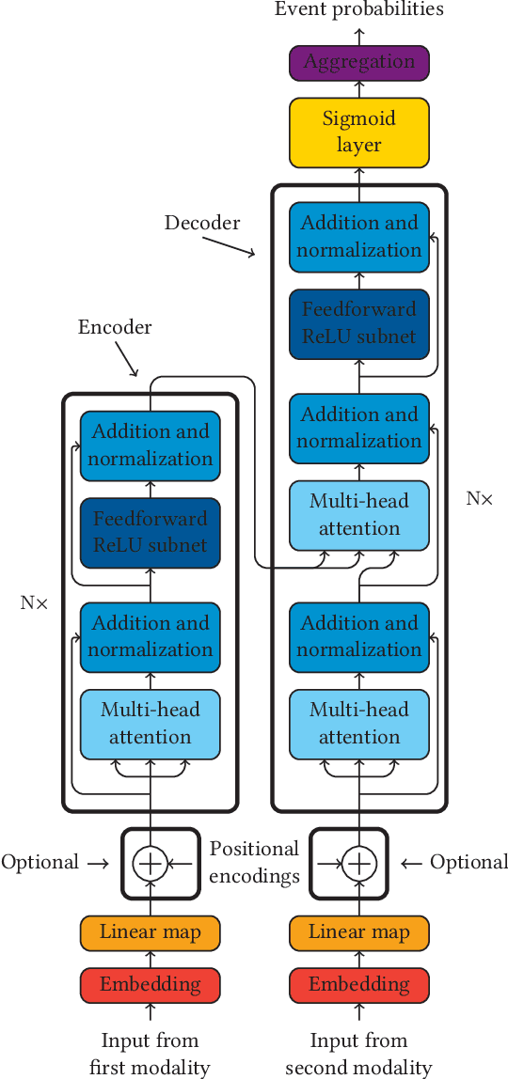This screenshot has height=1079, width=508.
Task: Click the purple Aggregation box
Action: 358,63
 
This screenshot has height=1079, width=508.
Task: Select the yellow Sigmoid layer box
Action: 358,132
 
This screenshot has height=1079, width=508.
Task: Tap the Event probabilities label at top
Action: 358,10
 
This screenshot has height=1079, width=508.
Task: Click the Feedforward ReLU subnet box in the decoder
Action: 358,322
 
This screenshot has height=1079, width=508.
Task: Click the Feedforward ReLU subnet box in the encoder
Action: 150,532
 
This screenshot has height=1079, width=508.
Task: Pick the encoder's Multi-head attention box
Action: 150,724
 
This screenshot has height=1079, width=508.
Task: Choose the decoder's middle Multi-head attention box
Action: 358,515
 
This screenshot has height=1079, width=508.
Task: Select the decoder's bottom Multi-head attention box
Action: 358,724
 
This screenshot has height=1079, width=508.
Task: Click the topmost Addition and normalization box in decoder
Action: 358,237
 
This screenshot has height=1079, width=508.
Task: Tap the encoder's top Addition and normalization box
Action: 150,446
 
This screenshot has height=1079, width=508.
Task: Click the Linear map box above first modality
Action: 150,932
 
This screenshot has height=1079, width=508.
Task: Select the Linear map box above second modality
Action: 358,932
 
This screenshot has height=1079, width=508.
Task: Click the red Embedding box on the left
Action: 150,985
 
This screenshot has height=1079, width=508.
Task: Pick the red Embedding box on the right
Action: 358,985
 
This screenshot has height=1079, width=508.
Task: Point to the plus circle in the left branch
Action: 150,863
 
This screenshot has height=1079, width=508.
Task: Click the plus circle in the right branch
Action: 358,863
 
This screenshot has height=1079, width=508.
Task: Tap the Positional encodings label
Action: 254,863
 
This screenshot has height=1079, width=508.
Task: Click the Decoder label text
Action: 202,223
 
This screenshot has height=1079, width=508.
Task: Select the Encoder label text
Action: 115,327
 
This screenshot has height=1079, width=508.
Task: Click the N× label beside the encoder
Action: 34,602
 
